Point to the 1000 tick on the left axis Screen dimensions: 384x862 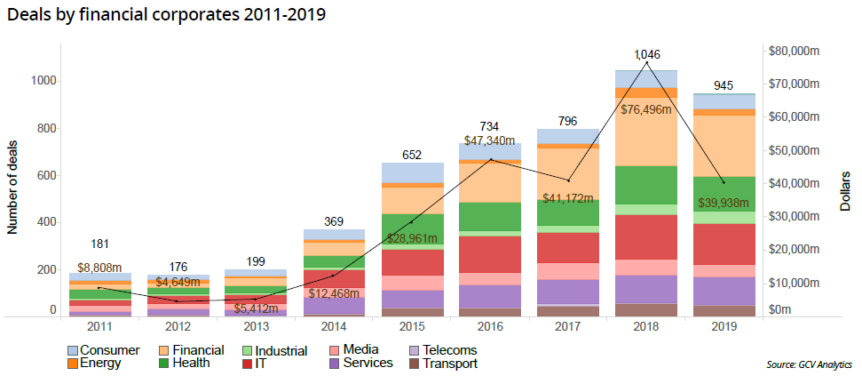tap(43, 81)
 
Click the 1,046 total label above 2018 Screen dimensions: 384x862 tap(647, 55)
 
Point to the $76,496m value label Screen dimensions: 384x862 tap(646, 109)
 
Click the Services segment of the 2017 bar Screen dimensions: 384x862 tap(568, 292)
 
